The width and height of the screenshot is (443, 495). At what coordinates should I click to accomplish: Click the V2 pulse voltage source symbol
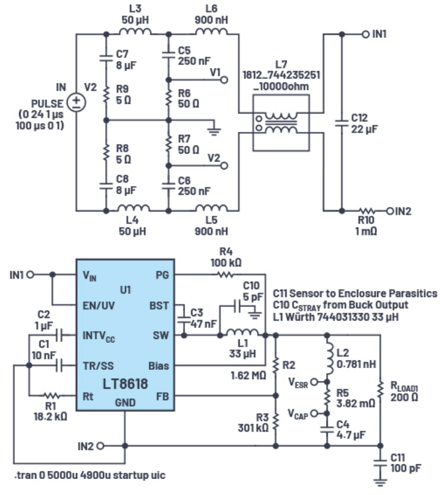(x=76, y=102)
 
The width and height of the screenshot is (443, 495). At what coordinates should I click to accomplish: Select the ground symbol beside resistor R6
(x=213, y=128)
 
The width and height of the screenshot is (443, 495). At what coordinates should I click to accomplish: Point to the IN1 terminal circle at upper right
(x=365, y=35)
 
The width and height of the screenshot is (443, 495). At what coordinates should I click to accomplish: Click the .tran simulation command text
(x=89, y=476)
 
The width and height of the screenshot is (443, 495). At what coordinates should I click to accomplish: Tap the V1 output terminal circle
(x=225, y=80)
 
